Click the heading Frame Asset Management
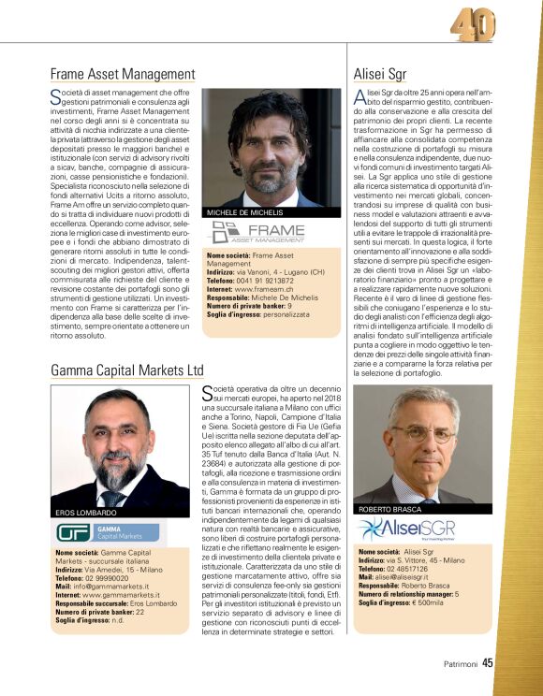tap(123, 75)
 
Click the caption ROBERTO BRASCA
tap(390, 509)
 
